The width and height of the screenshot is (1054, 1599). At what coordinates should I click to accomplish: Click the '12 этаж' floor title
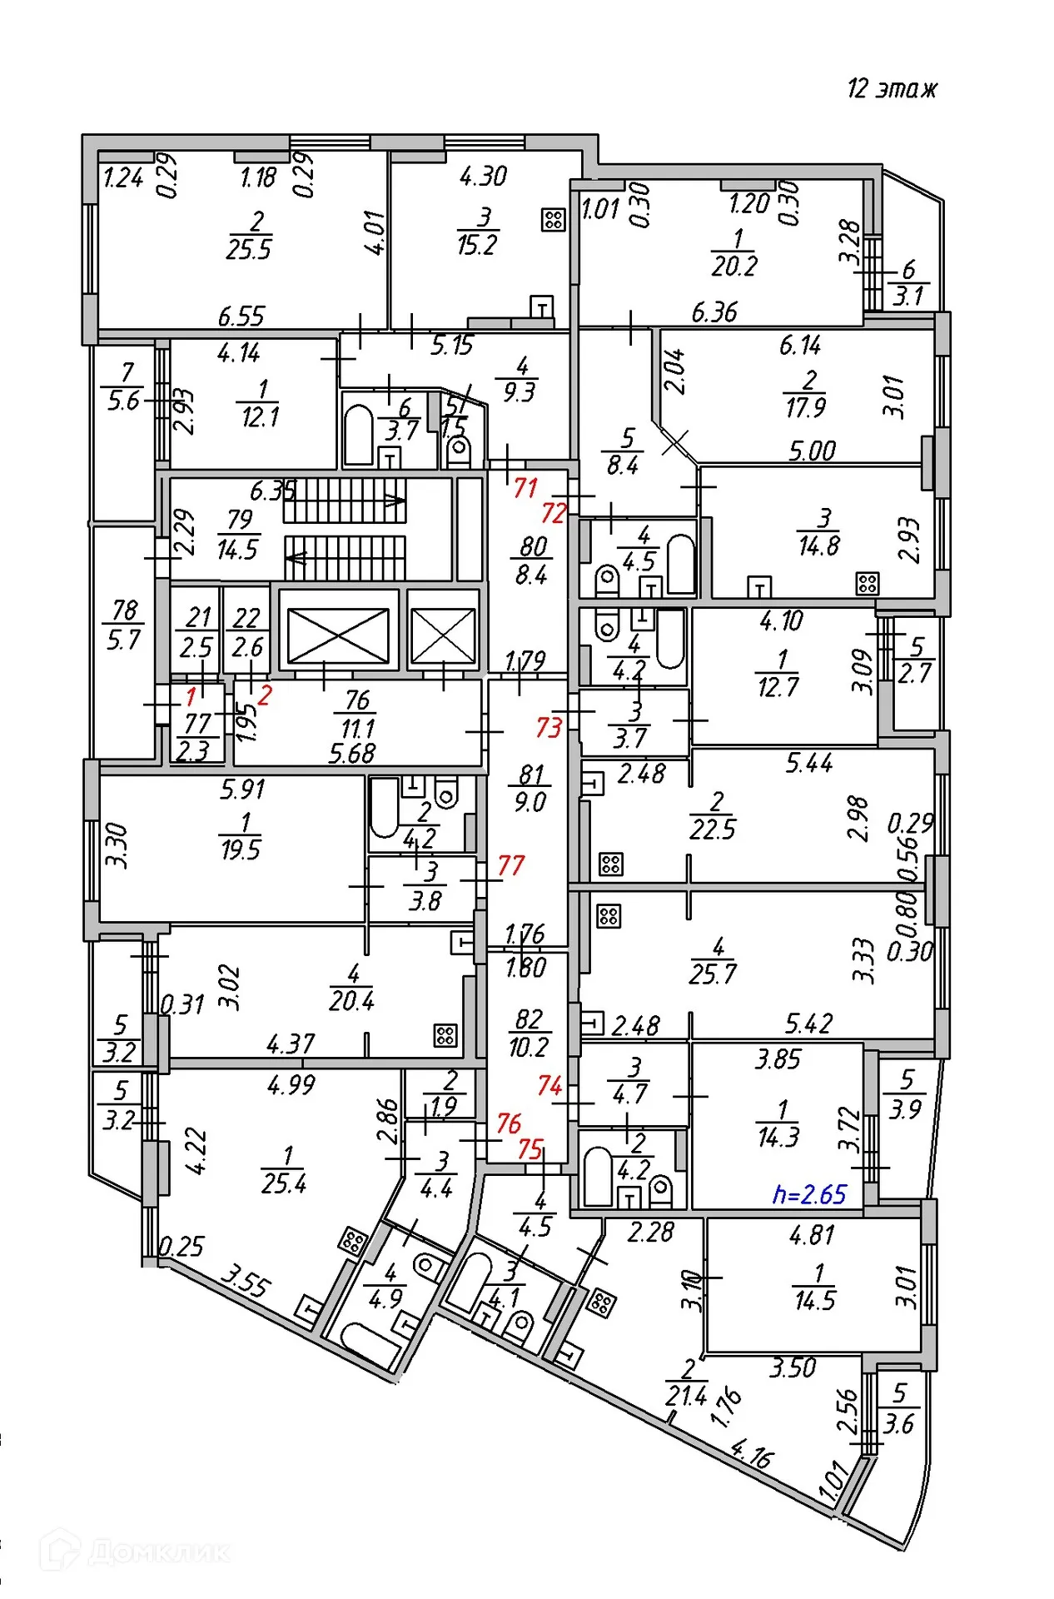892,88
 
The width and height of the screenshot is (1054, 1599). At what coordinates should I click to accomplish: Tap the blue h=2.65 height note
808,1194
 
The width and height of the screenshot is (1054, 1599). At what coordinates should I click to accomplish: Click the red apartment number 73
549,727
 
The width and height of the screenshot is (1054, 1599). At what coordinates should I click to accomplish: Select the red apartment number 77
510,865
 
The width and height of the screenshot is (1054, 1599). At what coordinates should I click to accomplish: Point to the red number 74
549,1085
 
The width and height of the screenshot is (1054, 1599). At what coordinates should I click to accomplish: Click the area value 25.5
249,249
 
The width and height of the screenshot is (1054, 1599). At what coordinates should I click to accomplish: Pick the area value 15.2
477,245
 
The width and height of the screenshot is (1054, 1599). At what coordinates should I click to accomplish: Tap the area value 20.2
734,266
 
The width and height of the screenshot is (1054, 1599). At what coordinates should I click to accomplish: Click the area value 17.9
805,407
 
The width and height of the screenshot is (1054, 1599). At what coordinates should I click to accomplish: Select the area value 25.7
713,973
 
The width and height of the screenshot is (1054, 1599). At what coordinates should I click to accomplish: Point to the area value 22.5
713,829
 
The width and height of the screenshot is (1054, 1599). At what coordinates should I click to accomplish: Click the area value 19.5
241,849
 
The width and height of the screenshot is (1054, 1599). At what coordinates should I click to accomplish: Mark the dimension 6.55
241,316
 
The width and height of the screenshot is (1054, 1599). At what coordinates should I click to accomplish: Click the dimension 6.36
714,312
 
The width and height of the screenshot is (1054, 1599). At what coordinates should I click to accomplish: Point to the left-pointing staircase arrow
296,557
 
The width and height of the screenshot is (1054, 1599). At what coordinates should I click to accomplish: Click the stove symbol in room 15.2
553,220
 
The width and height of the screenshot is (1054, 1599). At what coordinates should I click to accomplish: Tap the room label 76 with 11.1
357,715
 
